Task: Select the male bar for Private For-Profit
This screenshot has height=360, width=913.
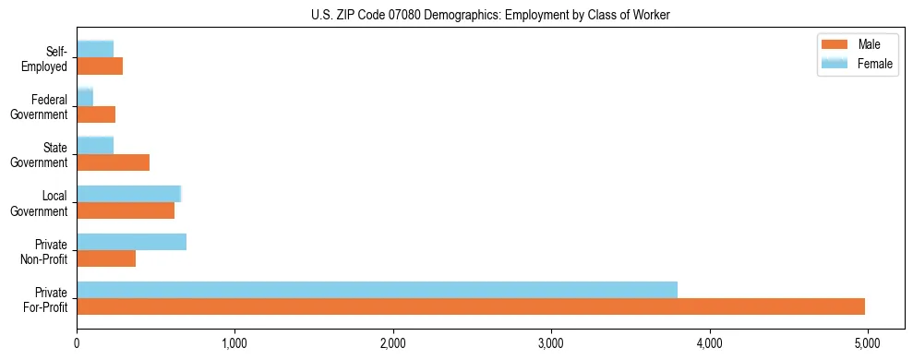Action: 471,306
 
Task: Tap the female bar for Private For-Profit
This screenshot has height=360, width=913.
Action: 377,290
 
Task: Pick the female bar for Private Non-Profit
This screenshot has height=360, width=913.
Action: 131,242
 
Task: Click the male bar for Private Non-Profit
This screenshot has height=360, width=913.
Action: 106,258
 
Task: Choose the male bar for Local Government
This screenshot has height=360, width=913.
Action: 126,210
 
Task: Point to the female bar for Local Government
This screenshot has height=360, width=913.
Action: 128,194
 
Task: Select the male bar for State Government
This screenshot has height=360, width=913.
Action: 113,162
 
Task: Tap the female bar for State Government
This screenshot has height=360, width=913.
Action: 95,146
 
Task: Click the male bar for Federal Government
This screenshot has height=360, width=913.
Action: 96,114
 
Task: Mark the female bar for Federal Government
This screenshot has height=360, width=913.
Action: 85,98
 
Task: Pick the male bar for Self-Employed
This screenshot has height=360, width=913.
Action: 100,66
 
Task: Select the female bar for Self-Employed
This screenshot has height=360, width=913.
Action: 95,49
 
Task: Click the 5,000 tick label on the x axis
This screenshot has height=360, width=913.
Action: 867,343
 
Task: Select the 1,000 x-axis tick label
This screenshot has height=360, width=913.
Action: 234,343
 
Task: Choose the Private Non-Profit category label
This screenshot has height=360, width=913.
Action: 46,251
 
